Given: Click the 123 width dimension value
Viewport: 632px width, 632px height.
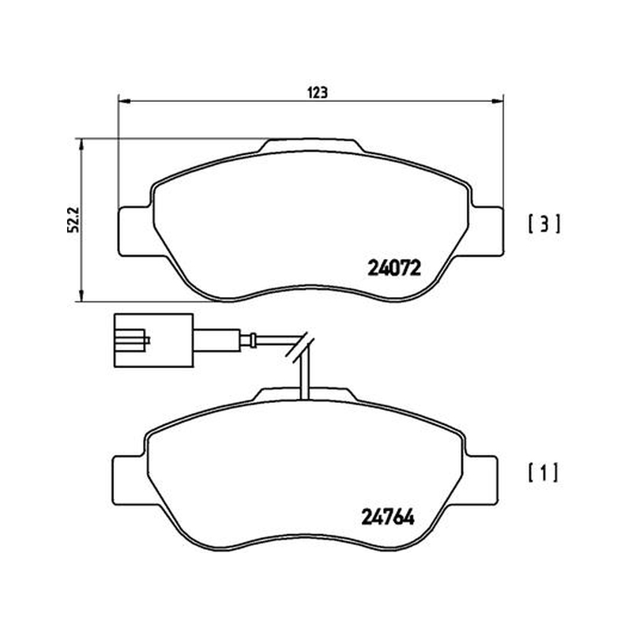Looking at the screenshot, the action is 318,92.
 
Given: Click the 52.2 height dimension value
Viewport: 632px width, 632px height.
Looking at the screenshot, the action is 74,220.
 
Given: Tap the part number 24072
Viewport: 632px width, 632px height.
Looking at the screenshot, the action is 393,268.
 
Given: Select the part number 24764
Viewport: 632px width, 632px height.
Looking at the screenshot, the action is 388,517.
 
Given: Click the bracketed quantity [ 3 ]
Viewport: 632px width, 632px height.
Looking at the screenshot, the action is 544,224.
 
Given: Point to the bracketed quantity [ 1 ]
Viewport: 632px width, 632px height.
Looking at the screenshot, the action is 544,472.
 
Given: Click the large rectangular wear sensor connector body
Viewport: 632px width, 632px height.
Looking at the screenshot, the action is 153,340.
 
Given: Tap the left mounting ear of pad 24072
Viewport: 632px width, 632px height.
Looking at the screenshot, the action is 135,231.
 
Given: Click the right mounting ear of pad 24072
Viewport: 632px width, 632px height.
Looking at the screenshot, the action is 487,231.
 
